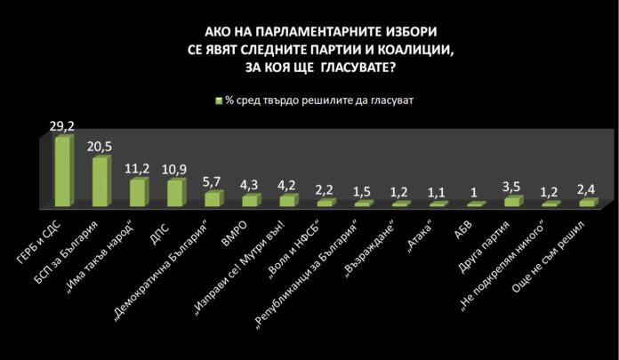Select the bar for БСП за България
pos(101,182)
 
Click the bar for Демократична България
pos(213,198)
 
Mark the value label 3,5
pos(511,188)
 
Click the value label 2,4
pos(587,189)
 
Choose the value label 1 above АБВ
pos(474,194)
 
